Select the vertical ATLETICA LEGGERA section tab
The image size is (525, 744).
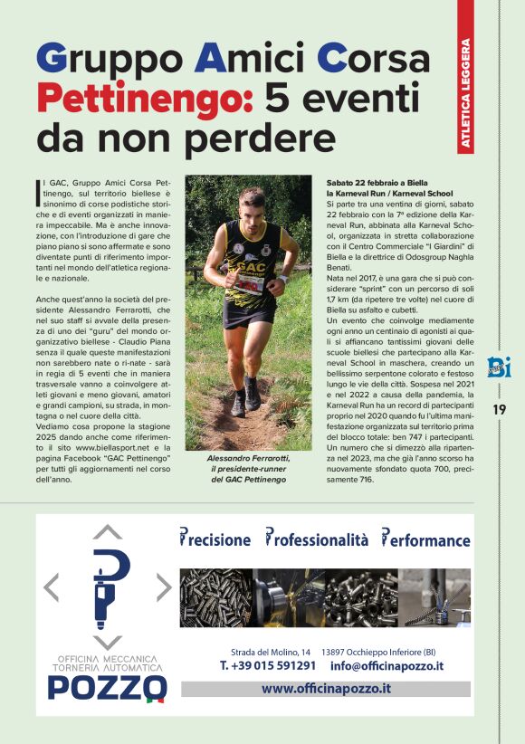click(465, 91)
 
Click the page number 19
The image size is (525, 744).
click(500, 409)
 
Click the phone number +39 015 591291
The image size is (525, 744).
click(268, 666)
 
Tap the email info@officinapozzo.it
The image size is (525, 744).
click(387, 666)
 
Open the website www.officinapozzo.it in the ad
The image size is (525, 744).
click(326, 689)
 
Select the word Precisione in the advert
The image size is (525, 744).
click(215, 539)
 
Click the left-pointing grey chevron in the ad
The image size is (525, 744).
click(52, 587)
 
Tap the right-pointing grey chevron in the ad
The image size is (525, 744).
click(162, 587)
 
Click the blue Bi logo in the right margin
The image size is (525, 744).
click(499, 367)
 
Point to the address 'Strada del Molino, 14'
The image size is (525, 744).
click(271, 652)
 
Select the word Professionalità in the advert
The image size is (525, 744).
click(317, 539)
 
